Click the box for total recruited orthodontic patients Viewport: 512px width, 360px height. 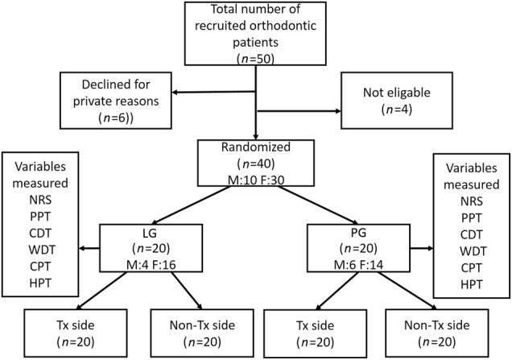[255, 33]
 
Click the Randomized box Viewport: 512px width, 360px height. [255, 163]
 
